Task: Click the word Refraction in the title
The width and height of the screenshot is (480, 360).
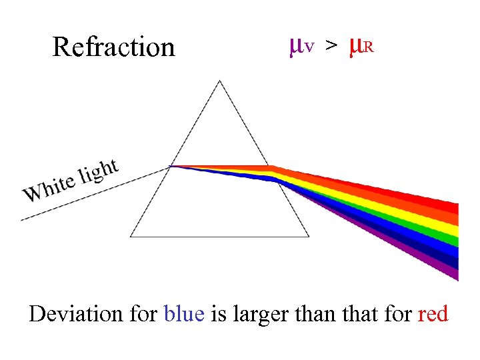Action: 113,47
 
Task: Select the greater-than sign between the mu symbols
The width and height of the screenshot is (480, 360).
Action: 331,46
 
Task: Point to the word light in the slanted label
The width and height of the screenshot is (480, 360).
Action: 99,171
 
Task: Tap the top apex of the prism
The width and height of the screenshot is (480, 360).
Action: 220,81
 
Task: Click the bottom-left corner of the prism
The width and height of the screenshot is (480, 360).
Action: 131,237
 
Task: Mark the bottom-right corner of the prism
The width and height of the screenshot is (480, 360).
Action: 309,237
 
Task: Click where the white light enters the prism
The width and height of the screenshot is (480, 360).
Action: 171,166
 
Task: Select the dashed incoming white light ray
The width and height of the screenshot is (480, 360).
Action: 93,193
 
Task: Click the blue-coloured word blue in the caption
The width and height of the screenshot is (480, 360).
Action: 184,313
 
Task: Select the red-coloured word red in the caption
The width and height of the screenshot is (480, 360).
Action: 433,313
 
